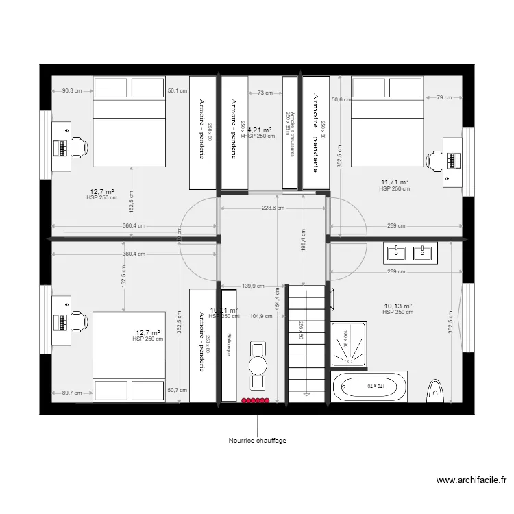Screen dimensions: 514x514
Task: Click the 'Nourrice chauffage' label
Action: pyautogui.click(x=257, y=441)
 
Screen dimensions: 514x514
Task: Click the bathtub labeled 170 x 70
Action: pyautogui.click(x=370, y=387)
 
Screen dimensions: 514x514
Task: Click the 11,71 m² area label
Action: pyautogui.click(x=395, y=182)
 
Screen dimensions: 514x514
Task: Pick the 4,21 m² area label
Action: pyautogui.click(x=260, y=130)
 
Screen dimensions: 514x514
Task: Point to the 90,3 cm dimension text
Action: pyautogui.click(x=72, y=90)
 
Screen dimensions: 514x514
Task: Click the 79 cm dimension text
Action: pyautogui.click(x=443, y=97)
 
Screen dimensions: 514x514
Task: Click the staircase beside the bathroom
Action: pyautogui.click(x=307, y=343)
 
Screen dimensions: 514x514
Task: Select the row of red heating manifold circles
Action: pyautogui.click(x=256, y=400)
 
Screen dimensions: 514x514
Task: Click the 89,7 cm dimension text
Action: pyautogui.click(x=71, y=393)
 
